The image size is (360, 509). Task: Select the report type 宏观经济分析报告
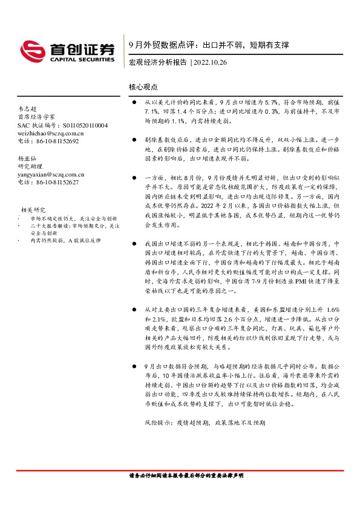pos(157,62)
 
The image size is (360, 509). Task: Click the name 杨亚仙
pos(27,158)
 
